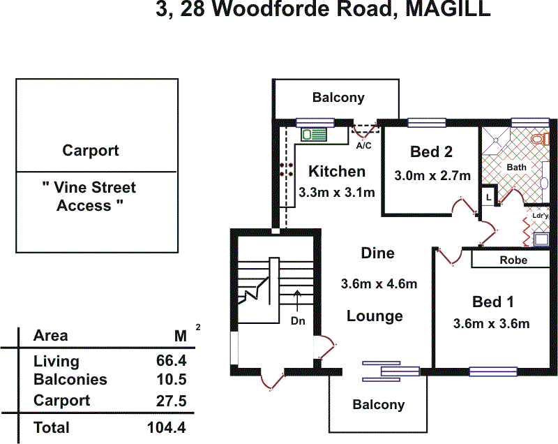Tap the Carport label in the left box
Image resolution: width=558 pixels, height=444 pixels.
click(91, 151)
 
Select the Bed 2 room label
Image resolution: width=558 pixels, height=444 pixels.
click(432, 152)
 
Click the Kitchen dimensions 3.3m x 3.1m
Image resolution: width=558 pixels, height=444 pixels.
click(337, 192)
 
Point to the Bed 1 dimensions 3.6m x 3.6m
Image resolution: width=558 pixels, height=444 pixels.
click(491, 323)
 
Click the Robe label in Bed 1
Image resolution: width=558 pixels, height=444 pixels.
click(513, 260)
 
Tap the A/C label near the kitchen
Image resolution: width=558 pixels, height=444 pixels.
click(364, 146)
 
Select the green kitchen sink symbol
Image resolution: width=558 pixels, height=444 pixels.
click(315, 135)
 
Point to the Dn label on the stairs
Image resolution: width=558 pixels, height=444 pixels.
click(299, 322)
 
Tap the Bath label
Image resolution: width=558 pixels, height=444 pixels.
click(516, 168)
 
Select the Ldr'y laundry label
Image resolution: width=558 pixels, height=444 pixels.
click(541, 216)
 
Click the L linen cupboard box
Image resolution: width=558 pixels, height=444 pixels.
click(489, 198)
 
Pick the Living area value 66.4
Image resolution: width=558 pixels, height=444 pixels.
click(170, 362)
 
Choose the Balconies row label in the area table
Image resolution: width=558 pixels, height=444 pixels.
click(70, 380)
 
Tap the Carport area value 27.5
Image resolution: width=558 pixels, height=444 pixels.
click(170, 401)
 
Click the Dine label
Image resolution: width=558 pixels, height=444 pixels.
click(377, 253)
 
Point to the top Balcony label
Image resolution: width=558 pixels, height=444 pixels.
click(338, 98)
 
